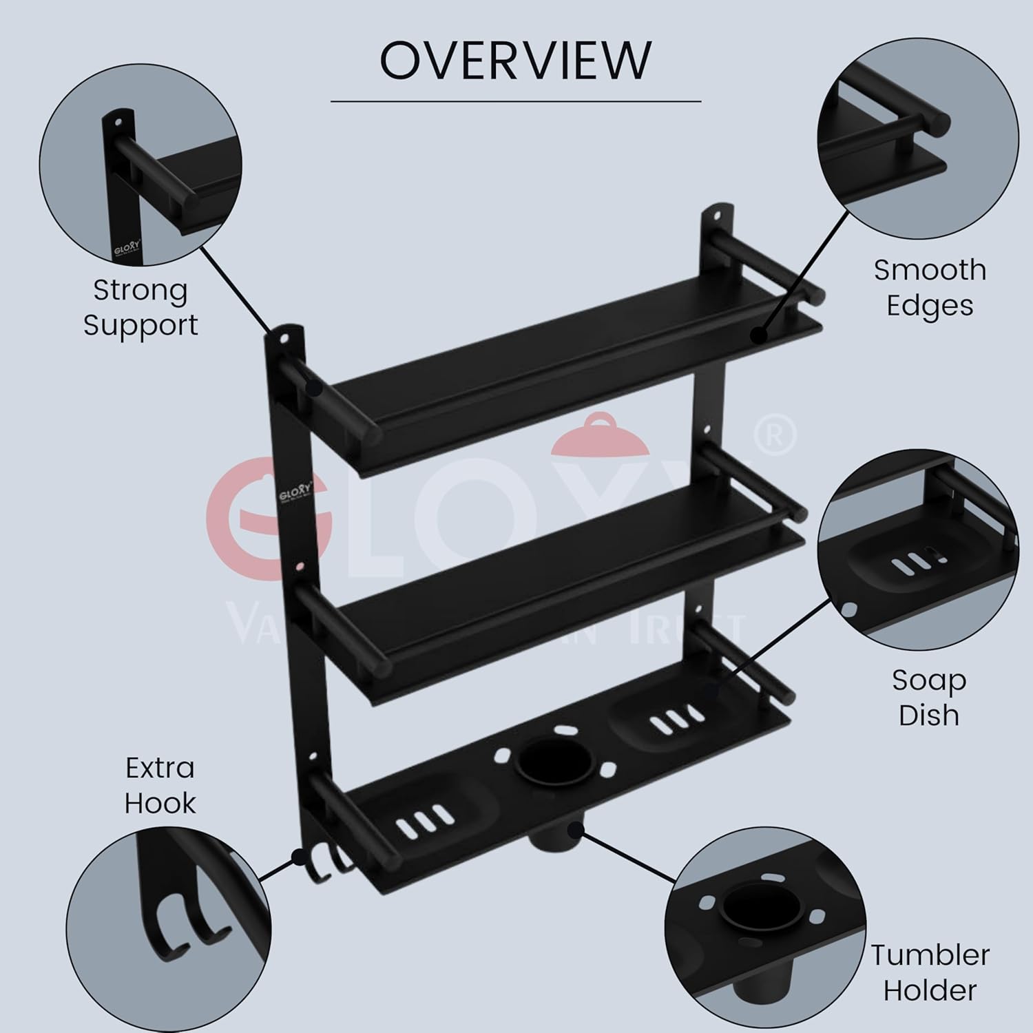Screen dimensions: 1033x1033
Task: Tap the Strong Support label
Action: coord(140,307)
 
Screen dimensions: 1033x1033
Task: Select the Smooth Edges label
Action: coord(930,287)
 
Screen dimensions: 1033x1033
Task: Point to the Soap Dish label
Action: coord(929,697)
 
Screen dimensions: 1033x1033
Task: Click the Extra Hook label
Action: coord(160,785)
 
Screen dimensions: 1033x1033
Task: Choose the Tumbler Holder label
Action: coord(930,972)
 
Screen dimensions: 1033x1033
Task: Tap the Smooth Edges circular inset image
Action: coord(917,144)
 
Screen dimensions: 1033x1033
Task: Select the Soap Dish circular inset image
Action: coord(917,551)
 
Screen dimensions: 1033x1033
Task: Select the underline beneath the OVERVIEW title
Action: coord(515,102)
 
